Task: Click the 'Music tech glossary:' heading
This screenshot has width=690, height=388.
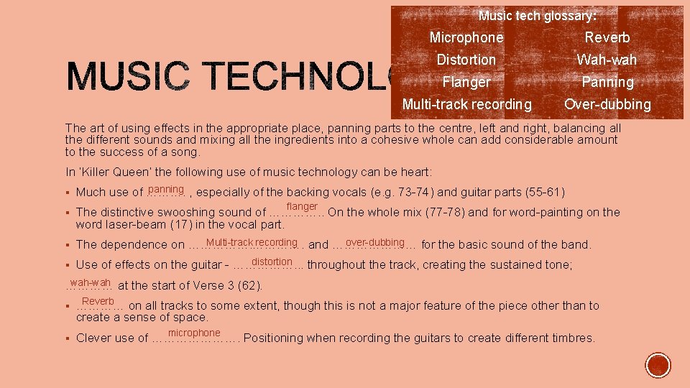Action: [x=537, y=15]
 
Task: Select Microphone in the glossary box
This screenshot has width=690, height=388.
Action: [x=466, y=37]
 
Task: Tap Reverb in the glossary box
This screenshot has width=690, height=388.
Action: [x=607, y=37]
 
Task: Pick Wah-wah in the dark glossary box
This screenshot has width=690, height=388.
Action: [x=607, y=60]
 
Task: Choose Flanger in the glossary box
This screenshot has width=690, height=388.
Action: [x=466, y=82]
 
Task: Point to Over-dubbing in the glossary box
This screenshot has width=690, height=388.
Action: [x=607, y=104]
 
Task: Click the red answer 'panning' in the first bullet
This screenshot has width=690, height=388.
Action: [x=166, y=189]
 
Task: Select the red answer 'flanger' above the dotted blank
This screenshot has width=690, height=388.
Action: [x=302, y=207]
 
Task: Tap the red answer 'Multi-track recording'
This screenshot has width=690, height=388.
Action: [x=252, y=242]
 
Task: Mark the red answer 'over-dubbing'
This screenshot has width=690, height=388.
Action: [x=375, y=242]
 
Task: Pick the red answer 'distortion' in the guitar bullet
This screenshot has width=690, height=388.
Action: [x=272, y=262]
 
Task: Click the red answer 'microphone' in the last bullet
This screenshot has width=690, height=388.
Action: [x=194, y=333]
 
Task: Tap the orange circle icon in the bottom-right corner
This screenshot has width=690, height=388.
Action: [x=657, y=365]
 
